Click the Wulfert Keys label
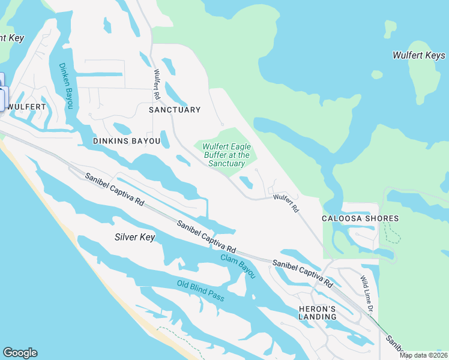coord(418,55)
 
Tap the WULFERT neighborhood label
coord(27,107)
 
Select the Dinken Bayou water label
coord(65,86)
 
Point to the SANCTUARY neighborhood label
coord(174,110)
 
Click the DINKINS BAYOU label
coord(127,141)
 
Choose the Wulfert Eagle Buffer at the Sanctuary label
coord(226,155)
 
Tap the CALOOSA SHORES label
coord(352,218)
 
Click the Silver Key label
coord(134,237)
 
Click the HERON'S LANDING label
coord(318,312)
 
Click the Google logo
coord(20,353)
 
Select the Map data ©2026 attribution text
coord(423,355)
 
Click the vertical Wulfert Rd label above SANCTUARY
coord(157,85)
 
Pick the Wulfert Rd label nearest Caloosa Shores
coord(286,203)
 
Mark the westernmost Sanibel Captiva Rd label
coord(114,190)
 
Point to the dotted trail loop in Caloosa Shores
coord(391,233)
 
